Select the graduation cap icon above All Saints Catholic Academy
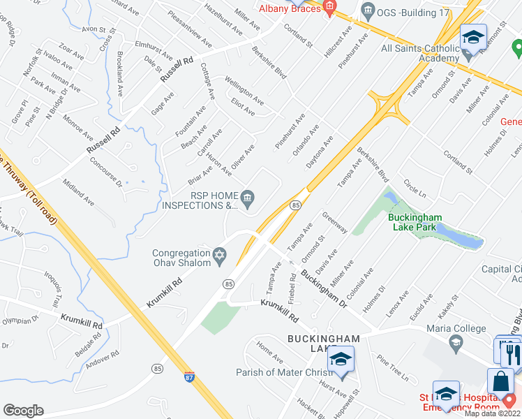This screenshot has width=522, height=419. (473, 38)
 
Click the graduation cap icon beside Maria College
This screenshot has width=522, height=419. (456, 341)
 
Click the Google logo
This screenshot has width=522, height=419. (24, 411)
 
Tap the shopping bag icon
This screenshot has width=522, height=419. (500, 381)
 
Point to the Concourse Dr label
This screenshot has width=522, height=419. (106, 172)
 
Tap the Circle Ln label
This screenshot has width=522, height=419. (415, 188)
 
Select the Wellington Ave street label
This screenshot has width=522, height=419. (244, 91)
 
